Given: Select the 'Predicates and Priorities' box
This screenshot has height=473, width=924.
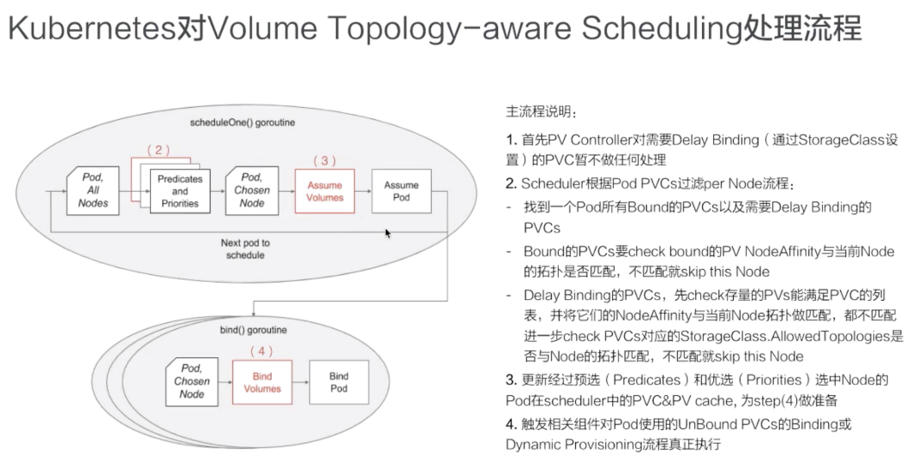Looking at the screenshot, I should (x=179, y=191).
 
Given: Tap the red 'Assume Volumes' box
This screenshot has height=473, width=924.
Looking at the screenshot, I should (x=324, y=191).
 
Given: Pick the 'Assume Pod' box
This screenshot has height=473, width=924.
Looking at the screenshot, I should (x=401, y=191).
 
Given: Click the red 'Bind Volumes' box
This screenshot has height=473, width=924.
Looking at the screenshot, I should (x=262, y=382).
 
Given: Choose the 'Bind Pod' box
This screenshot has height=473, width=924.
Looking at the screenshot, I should (x=339, y=382).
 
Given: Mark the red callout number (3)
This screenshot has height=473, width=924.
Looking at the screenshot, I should (x=325, y=160).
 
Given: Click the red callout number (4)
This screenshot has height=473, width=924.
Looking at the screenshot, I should (x=262, y=351).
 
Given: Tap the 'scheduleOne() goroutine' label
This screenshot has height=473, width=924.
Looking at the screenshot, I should (x=241, y=123).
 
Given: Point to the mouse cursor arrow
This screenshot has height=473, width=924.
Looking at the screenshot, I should (x=388, y=232).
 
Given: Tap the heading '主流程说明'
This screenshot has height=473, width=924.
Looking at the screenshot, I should (x=540, y=112).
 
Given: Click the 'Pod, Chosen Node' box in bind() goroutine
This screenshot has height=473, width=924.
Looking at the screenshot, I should (x=192, y=381).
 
